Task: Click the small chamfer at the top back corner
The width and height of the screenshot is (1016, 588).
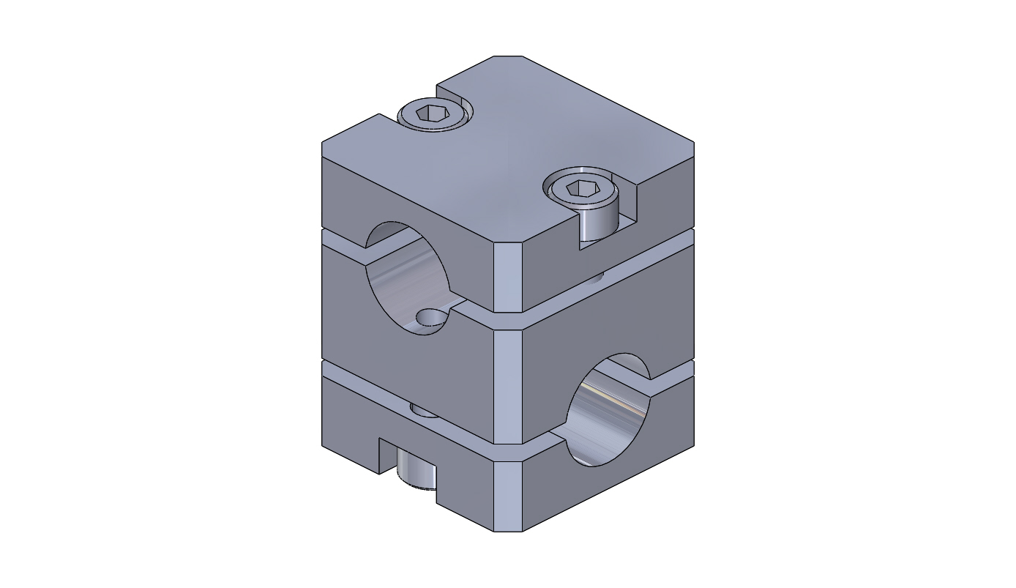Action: [508, 58]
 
